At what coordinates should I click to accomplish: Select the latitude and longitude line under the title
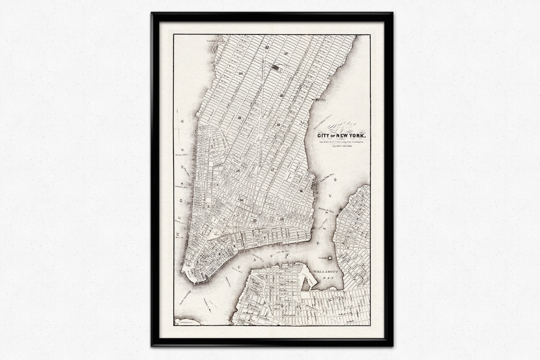click(x=341, y=142)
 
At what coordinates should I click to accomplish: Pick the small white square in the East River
click(x=329, y=258)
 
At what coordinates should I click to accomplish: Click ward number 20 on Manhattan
click(x=241, y=73)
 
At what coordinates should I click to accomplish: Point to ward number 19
click(x=285, y=53)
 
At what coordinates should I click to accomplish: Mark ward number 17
click(x=272, y=170)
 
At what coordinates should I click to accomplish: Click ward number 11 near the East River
click(x=301, y=190)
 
